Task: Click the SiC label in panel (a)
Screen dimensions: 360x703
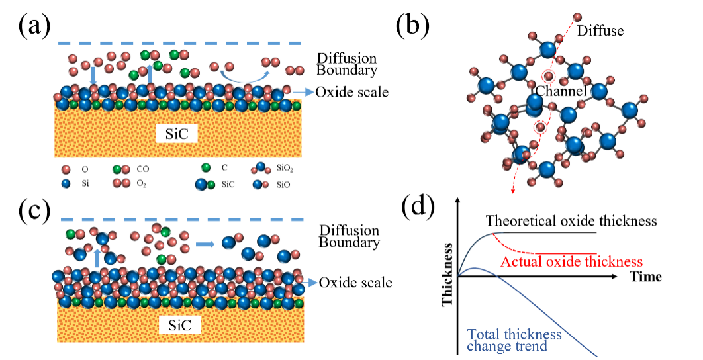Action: (177, 134)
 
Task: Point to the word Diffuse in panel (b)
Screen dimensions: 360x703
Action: (600, 30)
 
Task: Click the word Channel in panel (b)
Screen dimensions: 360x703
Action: (560, 92)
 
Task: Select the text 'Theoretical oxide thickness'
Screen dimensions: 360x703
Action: (571, 220)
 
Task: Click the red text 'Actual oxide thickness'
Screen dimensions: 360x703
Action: (571, 261)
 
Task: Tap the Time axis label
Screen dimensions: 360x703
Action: (645, 277)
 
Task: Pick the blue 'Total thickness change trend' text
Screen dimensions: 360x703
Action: (514, 339)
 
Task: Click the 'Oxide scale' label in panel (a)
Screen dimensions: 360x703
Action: (351, 92)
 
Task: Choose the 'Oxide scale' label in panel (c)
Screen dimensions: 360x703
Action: (355, 283)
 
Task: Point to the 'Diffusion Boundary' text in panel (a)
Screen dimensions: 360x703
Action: (347, 64)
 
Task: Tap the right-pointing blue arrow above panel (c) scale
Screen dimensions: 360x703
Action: (206, 244)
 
